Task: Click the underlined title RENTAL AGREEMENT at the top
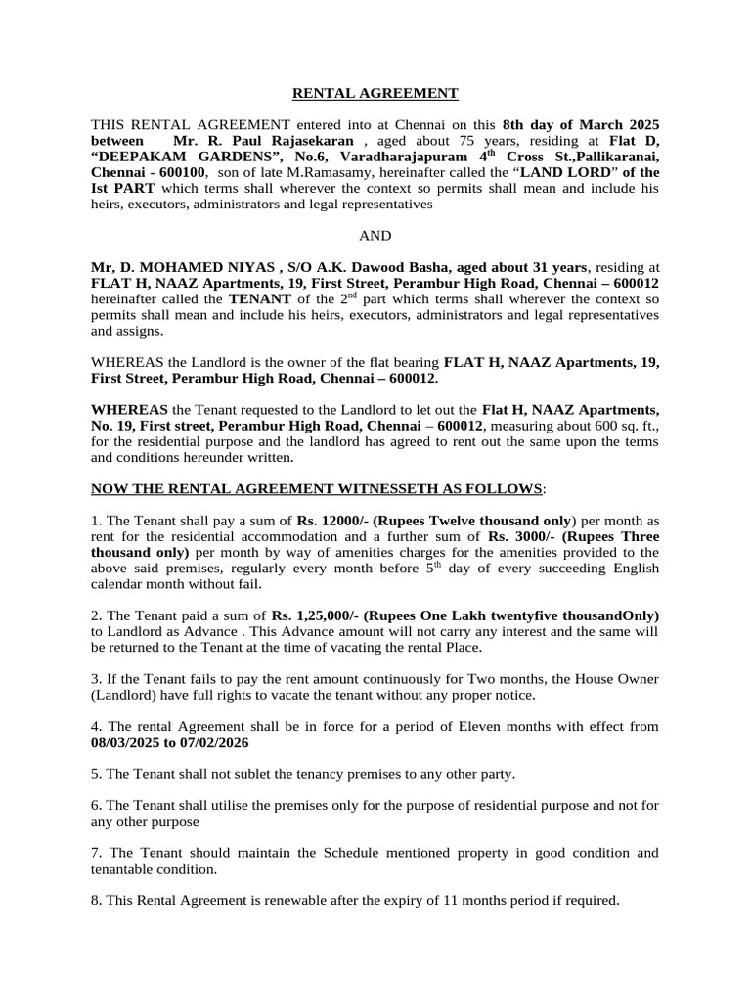pos(375,93)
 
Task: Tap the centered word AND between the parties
pos(375,236)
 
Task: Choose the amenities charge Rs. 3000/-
pos(517,536)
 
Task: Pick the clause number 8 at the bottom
pos(95,900)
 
